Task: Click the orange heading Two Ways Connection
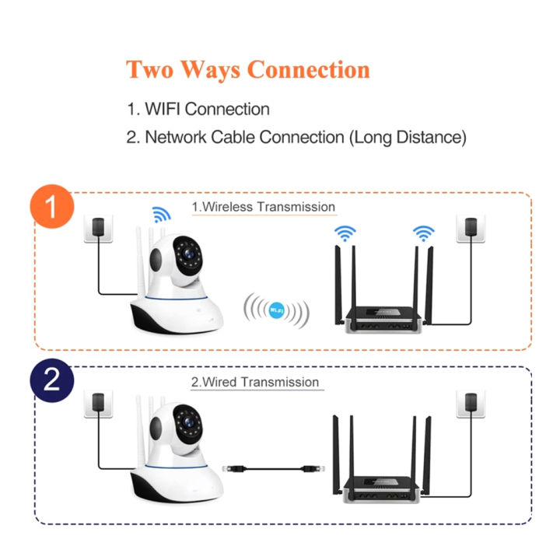point(247,69)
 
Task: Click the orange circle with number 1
point(51,208)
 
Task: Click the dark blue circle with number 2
point(51,381)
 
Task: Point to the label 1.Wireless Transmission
point(264,207)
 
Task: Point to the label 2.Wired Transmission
point(255,382)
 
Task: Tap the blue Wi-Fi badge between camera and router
point(275,310)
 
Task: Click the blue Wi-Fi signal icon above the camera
point(161,215)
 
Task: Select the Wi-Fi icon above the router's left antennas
point(345,233)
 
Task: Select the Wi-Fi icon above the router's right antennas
point(422,233)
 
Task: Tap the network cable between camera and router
point(268,468)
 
